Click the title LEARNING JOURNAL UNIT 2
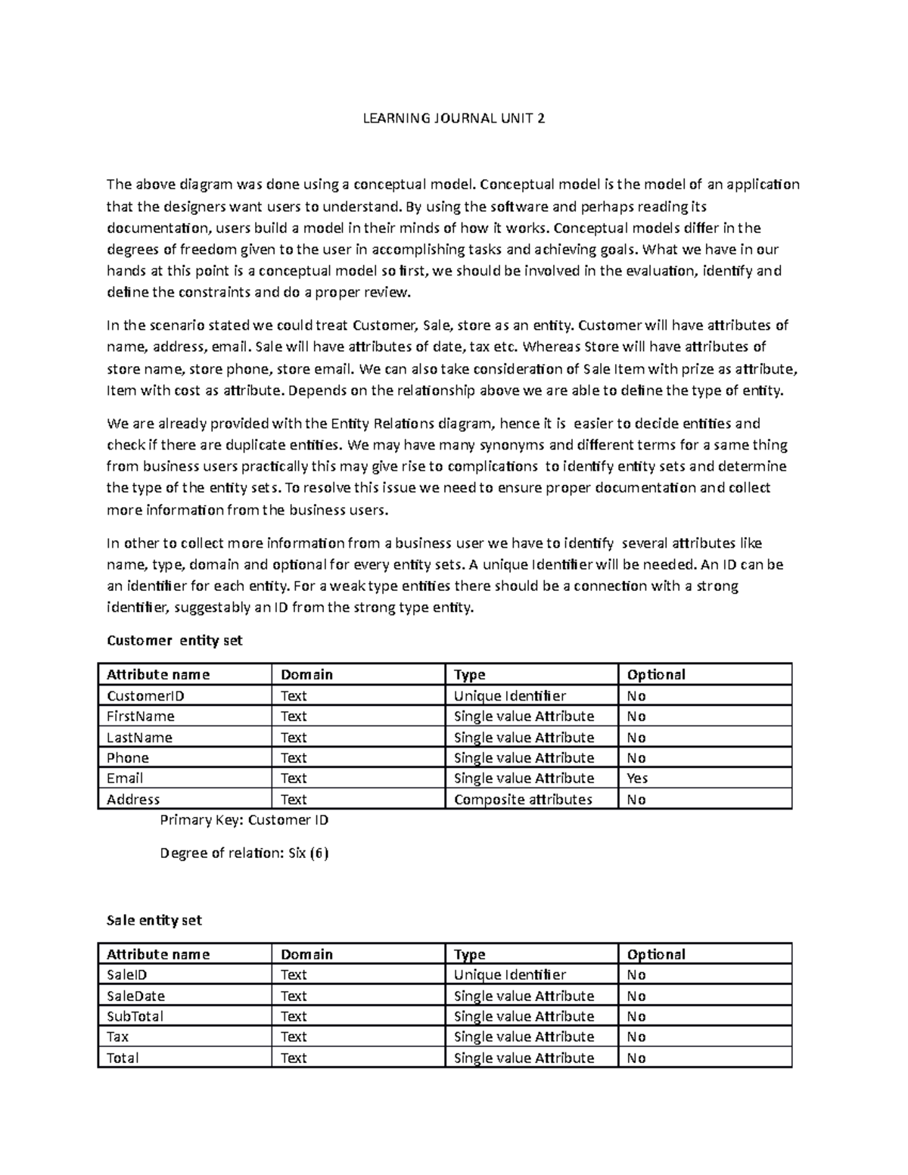point(453,118)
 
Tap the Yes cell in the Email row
point(637,779)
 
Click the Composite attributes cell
point(523,800)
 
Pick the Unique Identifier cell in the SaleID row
point(509,975)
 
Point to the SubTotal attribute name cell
point(135,1016)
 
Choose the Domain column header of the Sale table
point(306,954)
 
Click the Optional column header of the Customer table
point(655,674)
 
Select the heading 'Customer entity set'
point(175,641)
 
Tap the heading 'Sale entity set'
point(154,921)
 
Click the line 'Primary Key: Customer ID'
point(244,820)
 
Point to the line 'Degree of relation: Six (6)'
point(244,853)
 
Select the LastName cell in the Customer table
point(140,738)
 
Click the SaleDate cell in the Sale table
point(136,996)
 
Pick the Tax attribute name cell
point(118,1037)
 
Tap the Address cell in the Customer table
point(134,800)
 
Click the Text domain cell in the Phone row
point(294,758)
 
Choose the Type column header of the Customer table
point(469,674)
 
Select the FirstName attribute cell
point(141,717)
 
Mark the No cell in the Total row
point(636,1058)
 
